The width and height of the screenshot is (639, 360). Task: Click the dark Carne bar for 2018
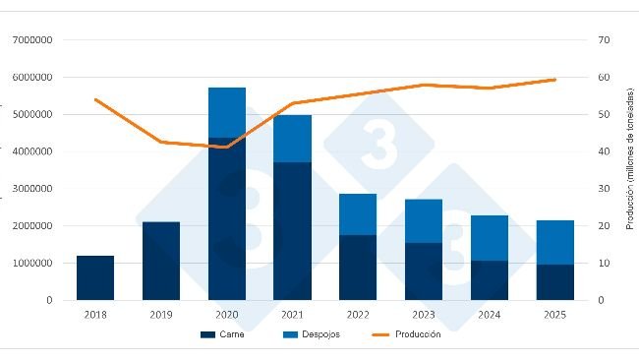[x=95, y=277]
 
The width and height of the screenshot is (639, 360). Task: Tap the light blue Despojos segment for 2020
[x=227, y=112]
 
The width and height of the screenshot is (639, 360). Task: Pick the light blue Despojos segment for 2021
[x=293, y=139]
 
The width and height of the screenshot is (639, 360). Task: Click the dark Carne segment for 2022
[x=358, y=268]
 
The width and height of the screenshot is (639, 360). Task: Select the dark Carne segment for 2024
[x=490, y=280]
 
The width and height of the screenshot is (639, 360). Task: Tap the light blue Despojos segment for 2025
[x=555, y=242]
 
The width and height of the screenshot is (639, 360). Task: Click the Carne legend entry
[x=223, y=334]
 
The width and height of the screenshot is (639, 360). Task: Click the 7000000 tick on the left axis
[x=32, y=40]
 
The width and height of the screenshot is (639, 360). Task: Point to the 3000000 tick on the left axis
[x=32, y=189]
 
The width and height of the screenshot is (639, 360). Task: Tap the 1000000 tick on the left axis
[x=32, y=264]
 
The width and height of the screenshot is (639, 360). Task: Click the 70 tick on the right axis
[x=605, y=40]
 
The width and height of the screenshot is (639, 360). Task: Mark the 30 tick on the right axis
[x=605, y=189]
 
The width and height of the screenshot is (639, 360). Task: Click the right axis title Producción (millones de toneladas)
[x=628, y=169]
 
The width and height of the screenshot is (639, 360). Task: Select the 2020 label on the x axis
[x=227, y=315]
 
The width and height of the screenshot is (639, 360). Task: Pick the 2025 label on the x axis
[x=555, y=315]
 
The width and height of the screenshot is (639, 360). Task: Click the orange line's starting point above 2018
[x=95, y=99]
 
